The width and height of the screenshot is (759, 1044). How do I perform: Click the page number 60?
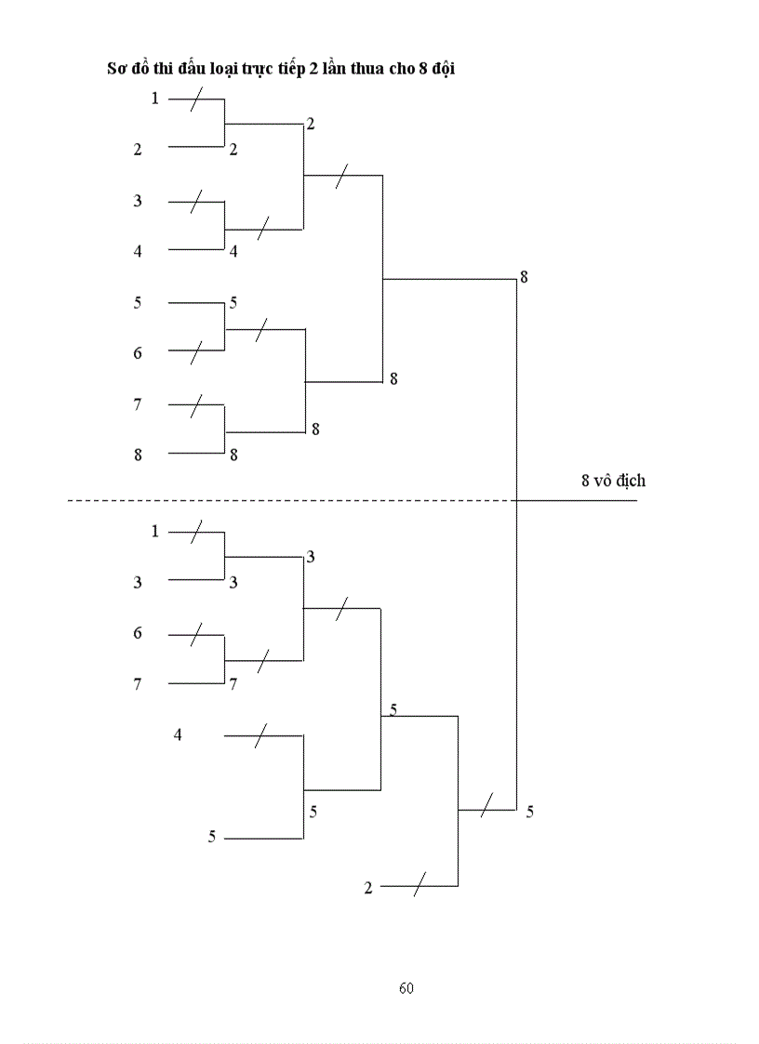pyautogui.click(x=406, y=987)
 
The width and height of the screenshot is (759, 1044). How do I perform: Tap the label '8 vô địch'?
pyautogui.click(x=613, y=481)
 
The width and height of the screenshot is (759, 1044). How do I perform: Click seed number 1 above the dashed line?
pyautogui.click(x=155, y=98)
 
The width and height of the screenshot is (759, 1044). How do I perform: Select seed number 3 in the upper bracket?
pyautogui.click(x=138, y=200)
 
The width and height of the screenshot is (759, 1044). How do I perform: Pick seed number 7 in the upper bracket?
pyautogui.click(x=138, y=404)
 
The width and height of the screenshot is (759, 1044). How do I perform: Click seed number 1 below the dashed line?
pyautogui.click(x=155, y=531)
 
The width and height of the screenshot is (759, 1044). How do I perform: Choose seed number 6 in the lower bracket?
pyautogui.click(x=138, y=633)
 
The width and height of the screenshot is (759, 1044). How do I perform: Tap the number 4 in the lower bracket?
pyautogui.click(x=178, y=735)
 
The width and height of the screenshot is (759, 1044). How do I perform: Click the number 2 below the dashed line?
pyautogui.click(x=368, y=888)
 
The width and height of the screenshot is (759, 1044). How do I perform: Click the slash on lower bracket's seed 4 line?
pyautogui.click(x=261, y=735)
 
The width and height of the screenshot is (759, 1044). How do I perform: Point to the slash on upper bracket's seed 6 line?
pyautogui.click(x=196, y=351)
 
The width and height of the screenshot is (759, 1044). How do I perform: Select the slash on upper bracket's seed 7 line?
pyautogui.click(x=196, y=405)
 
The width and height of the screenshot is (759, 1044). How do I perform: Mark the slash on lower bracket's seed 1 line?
pyautogui.click(x=196, y=532)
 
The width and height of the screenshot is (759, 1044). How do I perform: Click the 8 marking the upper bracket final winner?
pyautogui.click(x=525, y=276)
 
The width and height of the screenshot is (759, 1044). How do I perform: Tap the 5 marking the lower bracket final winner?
pyautogui.click(x=529, y=812)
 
